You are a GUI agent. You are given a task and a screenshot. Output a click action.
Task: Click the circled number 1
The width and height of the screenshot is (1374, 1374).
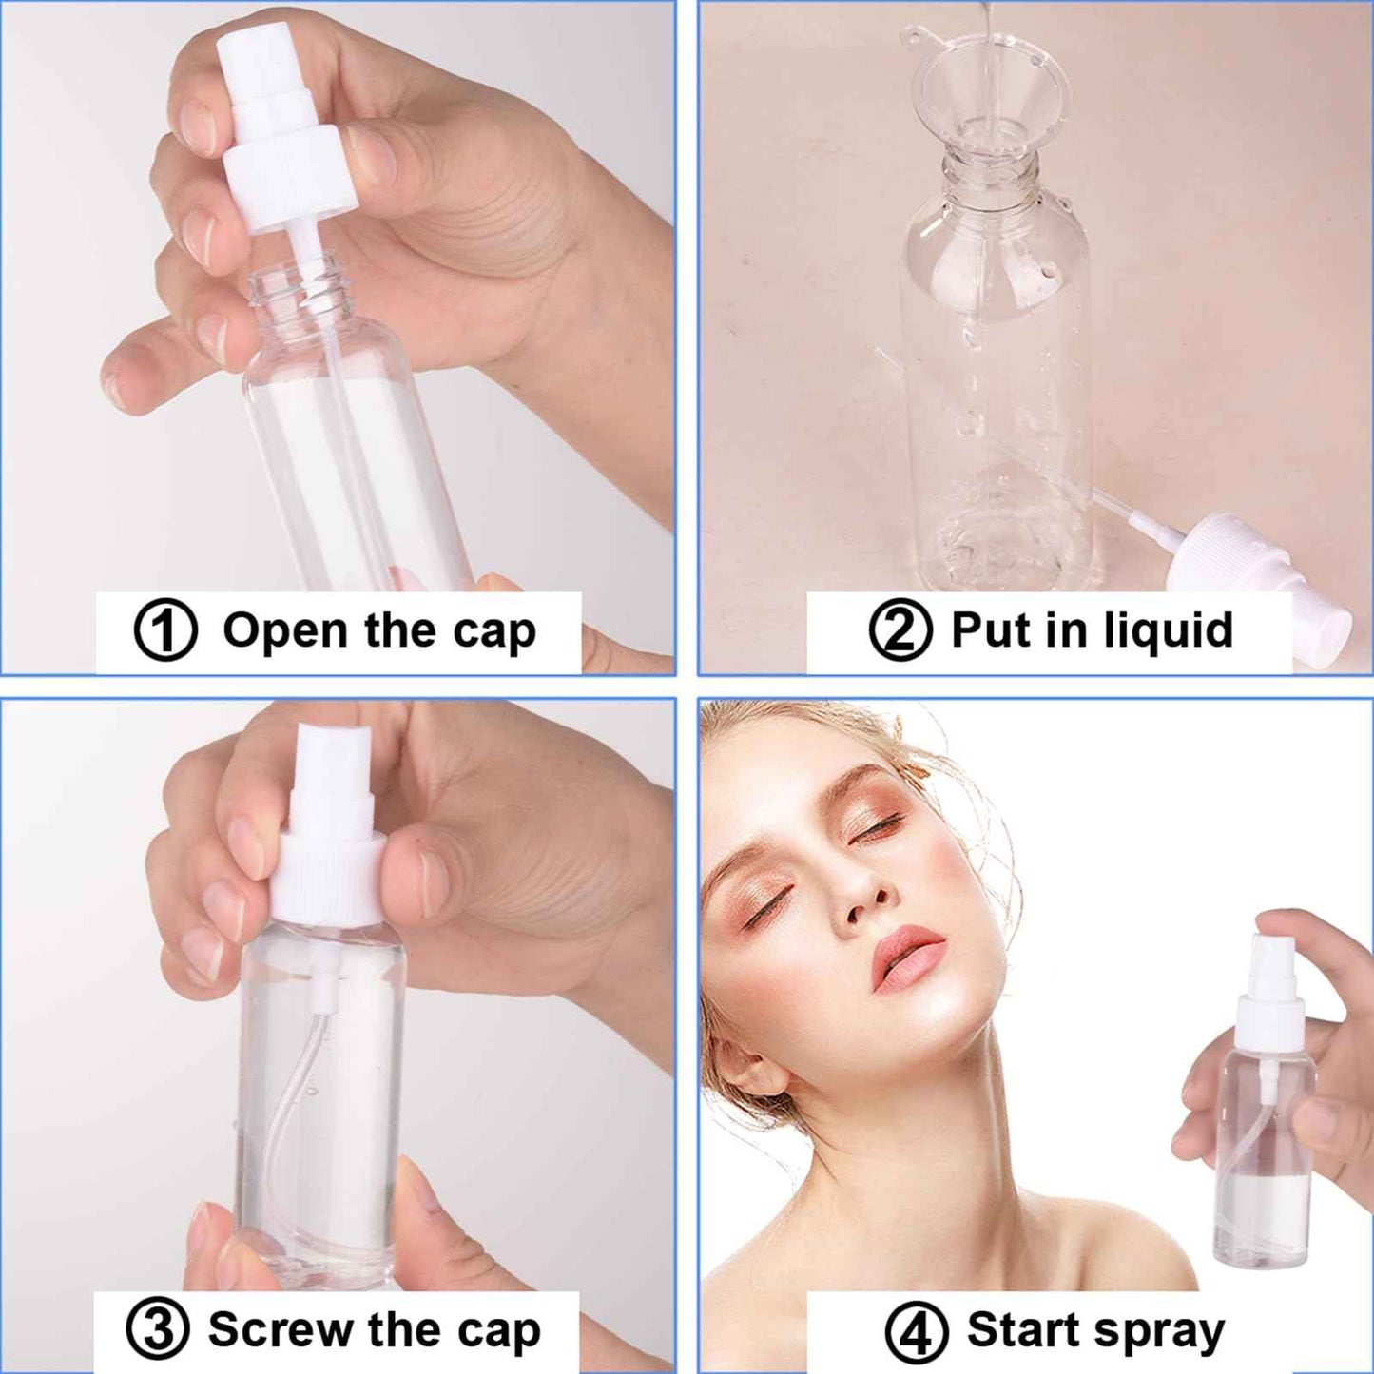click(x=165, y=630)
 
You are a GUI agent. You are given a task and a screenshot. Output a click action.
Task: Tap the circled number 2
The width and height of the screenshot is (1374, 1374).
click(x=900, y=630)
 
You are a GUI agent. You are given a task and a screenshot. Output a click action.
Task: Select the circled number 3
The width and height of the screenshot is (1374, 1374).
click(x=158, y=1329)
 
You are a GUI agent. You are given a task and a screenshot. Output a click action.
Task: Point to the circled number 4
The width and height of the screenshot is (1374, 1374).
click(x=917, y=1332)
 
